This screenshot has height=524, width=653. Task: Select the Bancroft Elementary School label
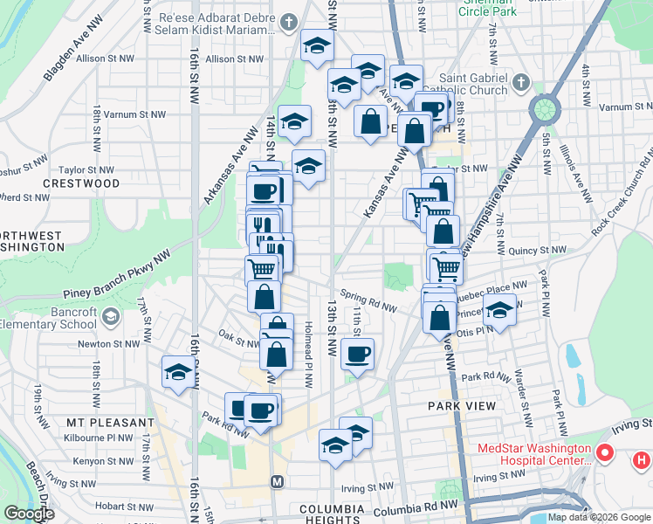(x=48, y=317)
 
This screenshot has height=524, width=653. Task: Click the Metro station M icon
(x=278, y=482)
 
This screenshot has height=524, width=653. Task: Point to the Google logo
(x=29, y=514)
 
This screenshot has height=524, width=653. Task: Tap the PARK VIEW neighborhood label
(x=462, y=406)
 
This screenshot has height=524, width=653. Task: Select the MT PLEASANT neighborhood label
(x=98, y=422)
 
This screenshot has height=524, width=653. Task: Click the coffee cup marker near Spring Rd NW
(x=358, y=354)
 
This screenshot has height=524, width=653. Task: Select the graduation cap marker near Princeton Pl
(x=499, y=310)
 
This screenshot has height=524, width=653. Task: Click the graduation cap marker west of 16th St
(x=178, y=372)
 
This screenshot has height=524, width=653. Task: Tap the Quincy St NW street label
(x=541, y=250)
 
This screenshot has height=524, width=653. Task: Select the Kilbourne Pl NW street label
(x=102, y=438)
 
